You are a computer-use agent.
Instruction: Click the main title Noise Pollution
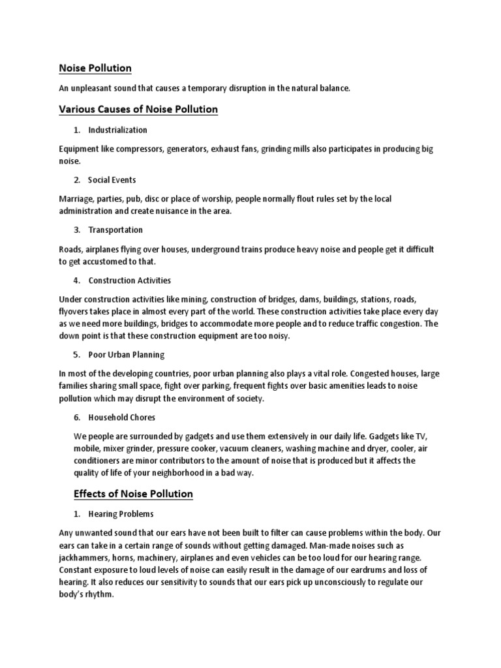(95, 68)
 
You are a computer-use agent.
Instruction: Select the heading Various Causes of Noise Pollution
(138, 109)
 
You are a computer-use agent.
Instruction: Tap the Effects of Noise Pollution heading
(135, 494)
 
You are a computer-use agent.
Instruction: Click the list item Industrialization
(117, 130)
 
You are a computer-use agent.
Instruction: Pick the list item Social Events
(112, 179)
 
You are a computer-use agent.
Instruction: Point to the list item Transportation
(115, 230)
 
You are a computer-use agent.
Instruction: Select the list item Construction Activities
(129, 280)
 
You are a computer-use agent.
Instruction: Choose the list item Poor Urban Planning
(127, 354)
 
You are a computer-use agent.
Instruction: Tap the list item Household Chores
(121, 417)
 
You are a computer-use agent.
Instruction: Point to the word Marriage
(75, 198)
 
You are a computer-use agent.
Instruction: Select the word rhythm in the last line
(100, 594)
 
